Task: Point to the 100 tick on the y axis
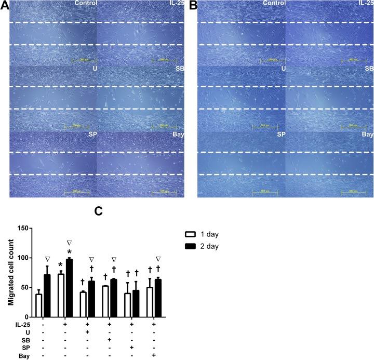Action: [23, 258]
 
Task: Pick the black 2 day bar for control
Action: [47, 296]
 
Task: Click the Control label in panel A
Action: [86, 4]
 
